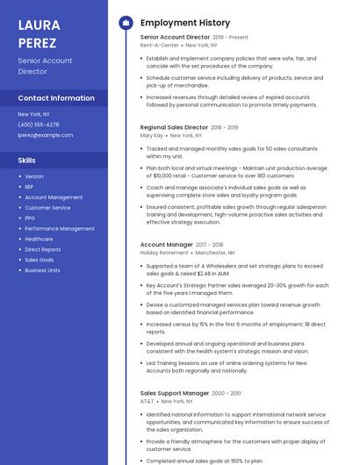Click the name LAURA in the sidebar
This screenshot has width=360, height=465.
click(x=38, y=25)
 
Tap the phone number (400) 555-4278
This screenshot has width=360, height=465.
click(x=39, y=125)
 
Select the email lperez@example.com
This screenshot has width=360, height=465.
click(x=46, y=135)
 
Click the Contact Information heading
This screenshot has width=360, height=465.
click(x=56, y=98)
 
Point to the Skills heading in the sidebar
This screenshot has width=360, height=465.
click(x=27, y=161)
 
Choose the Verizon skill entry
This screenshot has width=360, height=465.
click(x=34, y=176)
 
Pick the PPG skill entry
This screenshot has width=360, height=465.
click(x=30, y=218)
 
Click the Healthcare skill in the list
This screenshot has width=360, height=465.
click(x=39, y=239)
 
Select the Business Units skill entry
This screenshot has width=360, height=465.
click(x=42, y=270)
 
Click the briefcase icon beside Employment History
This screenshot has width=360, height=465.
click(x=126, y=23)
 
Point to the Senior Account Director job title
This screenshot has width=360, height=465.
click(x=175, y=38)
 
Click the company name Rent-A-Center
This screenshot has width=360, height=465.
click(x=160, y=46)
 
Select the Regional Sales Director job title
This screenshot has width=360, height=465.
click(x=174, y=127)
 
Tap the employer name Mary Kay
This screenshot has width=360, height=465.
click(x=152, y=136)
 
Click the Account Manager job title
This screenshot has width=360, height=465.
click(x=166, y=245)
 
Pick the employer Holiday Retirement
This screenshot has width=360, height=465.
click(x=163, y=253)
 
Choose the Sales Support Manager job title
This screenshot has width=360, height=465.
click(x=175, y=393)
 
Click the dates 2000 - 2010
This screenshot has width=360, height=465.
click(x=227, y=394)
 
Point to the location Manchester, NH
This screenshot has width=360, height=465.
click(x=215, y=253)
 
